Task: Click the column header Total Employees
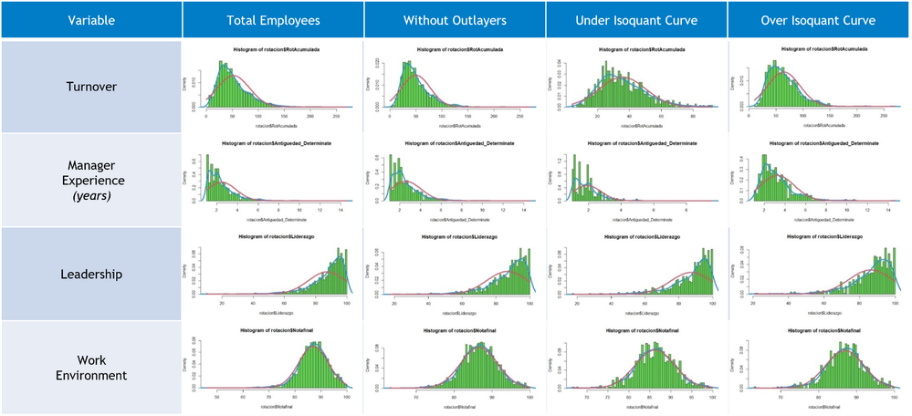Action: click(272, 20)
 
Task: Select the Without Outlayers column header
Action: click(454, 20)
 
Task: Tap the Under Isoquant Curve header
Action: click(636, 20)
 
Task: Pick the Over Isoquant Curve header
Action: click(819, 20)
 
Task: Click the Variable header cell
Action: click(91, 20)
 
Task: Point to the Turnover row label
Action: click(91, 87)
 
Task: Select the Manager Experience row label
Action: click(91, 172)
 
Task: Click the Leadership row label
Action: click(91, 273)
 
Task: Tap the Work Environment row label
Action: click(91, 366)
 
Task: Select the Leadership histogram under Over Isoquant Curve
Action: click(819, 273)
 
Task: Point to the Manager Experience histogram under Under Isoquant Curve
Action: click(636, 180)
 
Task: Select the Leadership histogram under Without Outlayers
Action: click(454, 273)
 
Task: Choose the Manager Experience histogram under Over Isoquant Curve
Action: click(819, 180)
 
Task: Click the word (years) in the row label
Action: click(91, 196)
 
